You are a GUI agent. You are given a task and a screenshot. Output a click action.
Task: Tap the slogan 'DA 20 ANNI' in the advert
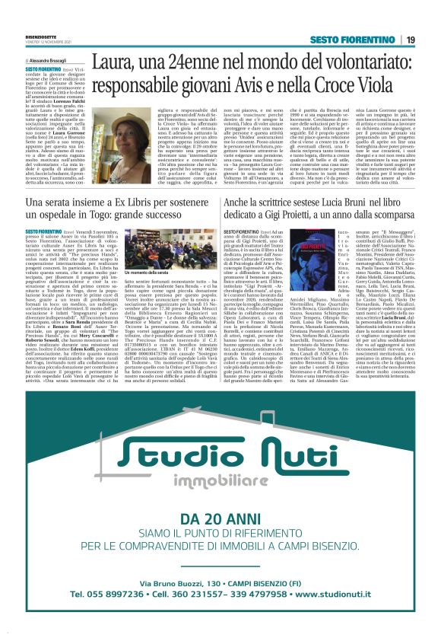pos(220,518)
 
